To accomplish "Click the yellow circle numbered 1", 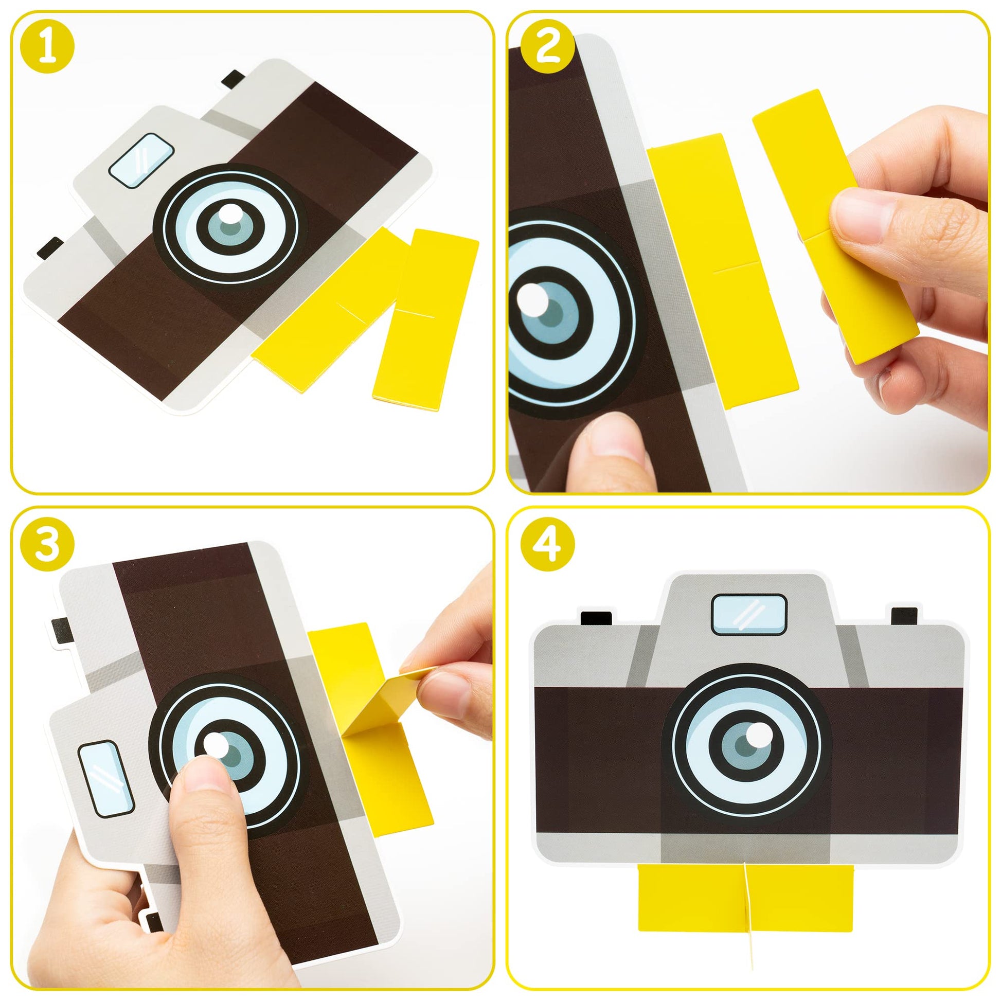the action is click(47, 47).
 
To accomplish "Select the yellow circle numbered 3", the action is click(47, 548).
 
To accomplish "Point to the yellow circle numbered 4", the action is click(548, 548).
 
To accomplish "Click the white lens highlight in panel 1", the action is click(229, 213).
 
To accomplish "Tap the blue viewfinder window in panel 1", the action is click(141, 160).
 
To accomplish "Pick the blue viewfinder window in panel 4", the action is click(749, 615).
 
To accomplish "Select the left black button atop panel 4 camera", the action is click(596, 618).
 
